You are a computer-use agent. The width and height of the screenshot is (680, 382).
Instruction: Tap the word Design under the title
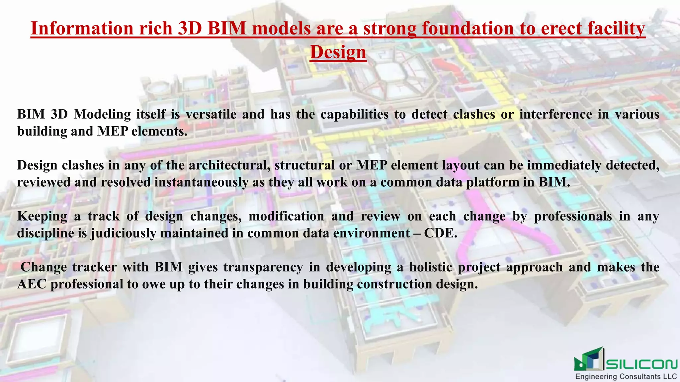[338, 52]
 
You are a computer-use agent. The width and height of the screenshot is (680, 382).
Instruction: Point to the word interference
[555, 114]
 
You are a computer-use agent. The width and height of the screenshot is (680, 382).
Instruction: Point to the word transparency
[263, 267]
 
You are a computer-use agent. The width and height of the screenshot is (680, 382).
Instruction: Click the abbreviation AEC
[32, 285]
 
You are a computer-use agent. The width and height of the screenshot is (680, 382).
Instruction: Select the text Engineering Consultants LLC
[626, 377]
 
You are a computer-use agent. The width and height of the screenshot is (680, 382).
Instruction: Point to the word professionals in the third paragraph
[573, 216]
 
